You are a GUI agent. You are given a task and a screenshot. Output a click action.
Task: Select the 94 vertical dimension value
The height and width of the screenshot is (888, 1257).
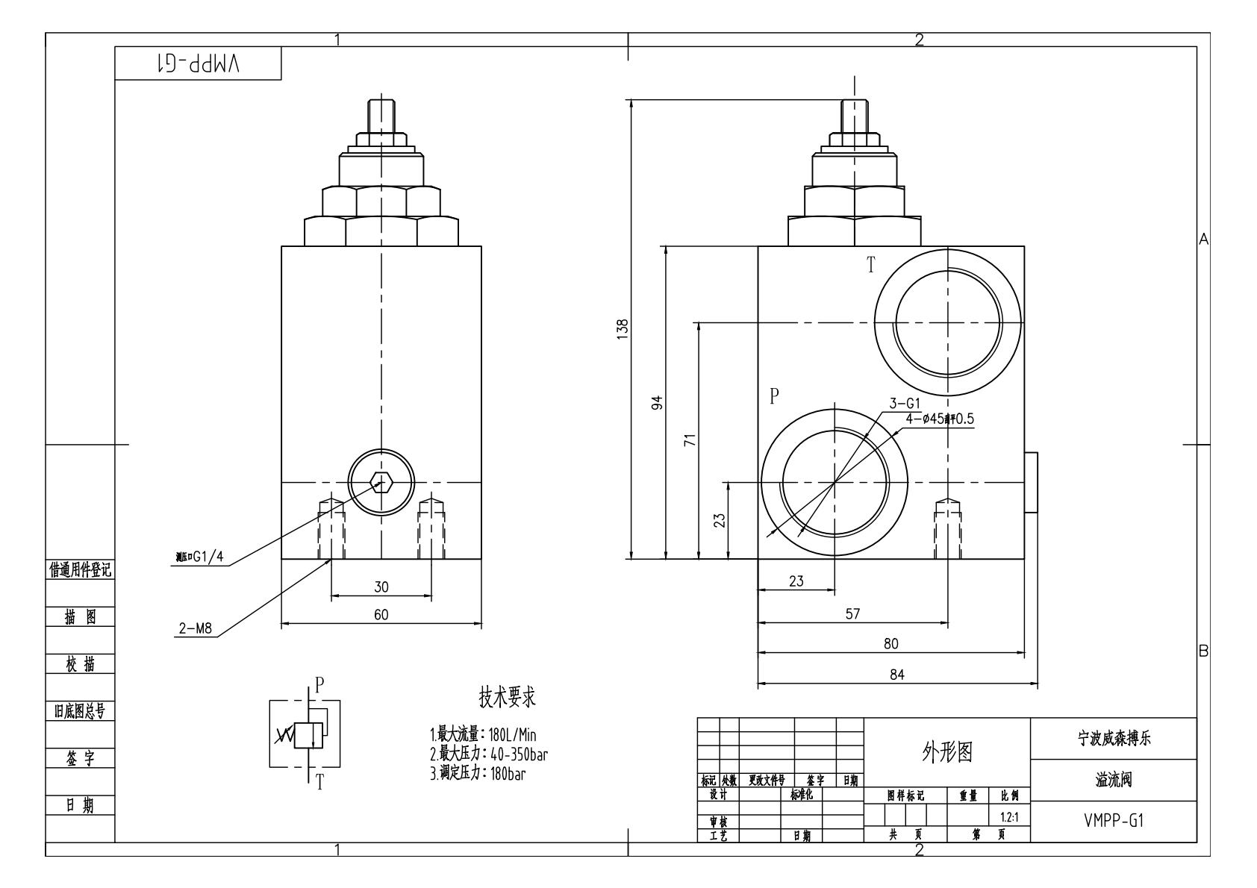point(657,403)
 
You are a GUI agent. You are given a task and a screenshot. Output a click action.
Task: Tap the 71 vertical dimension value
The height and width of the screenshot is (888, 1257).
point(690,440)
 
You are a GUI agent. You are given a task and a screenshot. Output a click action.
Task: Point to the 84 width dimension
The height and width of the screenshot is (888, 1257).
point(896,675)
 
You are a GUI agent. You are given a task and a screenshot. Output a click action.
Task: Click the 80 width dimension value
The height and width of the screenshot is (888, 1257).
point(890,644)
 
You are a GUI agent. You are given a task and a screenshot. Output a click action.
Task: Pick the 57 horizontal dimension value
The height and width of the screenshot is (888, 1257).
point(852,614)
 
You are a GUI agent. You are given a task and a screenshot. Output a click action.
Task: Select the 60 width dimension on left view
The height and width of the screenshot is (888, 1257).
point(381,615)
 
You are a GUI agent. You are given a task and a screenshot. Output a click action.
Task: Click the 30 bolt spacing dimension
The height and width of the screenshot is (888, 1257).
point(381,587)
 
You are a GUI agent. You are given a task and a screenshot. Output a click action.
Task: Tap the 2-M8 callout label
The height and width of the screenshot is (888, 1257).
point(196,629)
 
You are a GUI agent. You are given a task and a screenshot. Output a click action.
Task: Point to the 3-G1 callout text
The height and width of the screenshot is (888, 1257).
point(905,404)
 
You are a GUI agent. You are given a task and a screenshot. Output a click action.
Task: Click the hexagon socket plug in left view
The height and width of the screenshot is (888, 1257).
point(381,482)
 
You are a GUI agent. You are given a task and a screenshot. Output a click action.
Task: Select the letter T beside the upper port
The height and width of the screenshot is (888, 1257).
point(870,265)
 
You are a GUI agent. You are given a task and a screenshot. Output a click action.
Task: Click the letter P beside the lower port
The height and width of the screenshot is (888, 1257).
point(775,395)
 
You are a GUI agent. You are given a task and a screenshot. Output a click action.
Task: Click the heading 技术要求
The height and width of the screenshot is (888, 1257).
point(507,698)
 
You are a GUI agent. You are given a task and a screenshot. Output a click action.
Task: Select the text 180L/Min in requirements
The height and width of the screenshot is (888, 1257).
point(512,735)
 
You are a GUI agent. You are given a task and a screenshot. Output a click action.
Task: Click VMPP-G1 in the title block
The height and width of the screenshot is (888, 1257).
point(1113,821)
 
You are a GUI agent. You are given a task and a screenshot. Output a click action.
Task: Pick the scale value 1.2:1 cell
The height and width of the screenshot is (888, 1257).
point(1009,818)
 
